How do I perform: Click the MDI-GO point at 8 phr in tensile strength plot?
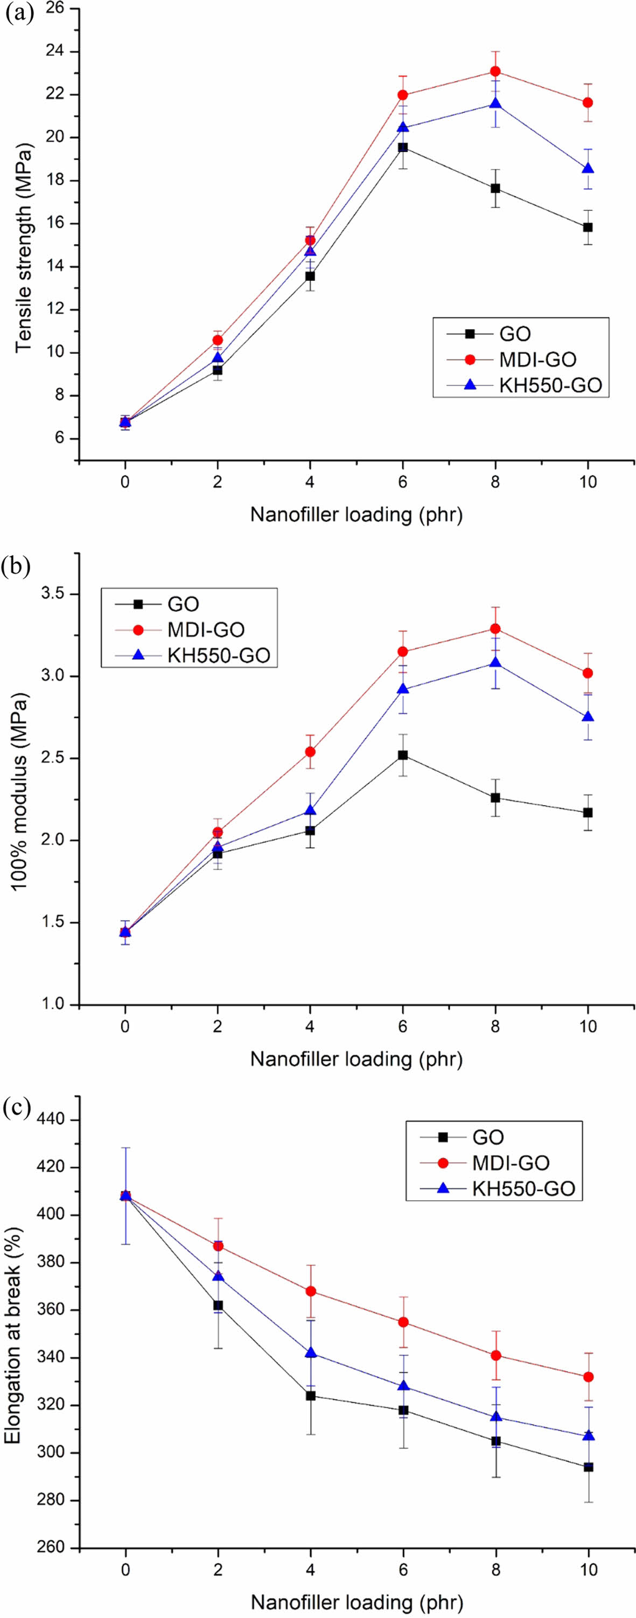click(x=495, y=72)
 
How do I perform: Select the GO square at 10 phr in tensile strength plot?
click(x=588, y=227)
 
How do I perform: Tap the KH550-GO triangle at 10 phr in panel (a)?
click(x=588, y=169)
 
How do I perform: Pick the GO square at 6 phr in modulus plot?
click(x=402, y=755)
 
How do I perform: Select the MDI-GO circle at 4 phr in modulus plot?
click(x=310, y=752)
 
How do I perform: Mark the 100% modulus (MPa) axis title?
click(x=20, y=791)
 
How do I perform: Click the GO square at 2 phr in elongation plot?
click(x=218, y=1305)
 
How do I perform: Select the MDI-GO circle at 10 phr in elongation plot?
click(x=588, y=1377)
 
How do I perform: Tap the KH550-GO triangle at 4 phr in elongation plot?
click(x=310, y=1352)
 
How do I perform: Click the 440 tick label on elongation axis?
click(x=53, y=1120)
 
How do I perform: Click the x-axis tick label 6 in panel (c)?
click(x=403, y=1569)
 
